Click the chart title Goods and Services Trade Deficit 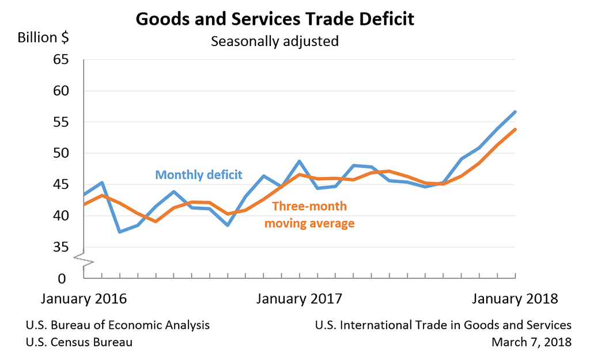click(x=275, y=19)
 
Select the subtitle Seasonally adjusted click(x=274, y=42)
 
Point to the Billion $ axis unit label click(x=43, y=38)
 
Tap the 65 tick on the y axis click(x=60, y=60)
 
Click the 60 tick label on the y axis click(x=60, y=91)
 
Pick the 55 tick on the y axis click(x=60, y=122)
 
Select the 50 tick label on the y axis click(x=60, y=153)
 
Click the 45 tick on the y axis click(x=60, y=185)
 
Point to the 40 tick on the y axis click(x=60, y=216)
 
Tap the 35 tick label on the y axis click(x=60, y=247)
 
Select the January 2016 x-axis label click(x=84, y=299)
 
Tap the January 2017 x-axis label click(x=299, y=299)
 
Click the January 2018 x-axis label click(x=515, y=299)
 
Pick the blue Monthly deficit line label click(x=199, y=175)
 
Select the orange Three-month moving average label click(x=309, y=214)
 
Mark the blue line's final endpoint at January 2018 click(x=515, y=112)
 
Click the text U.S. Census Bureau click(x=79, y=342)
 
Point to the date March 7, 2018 click(x=531, y=342)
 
